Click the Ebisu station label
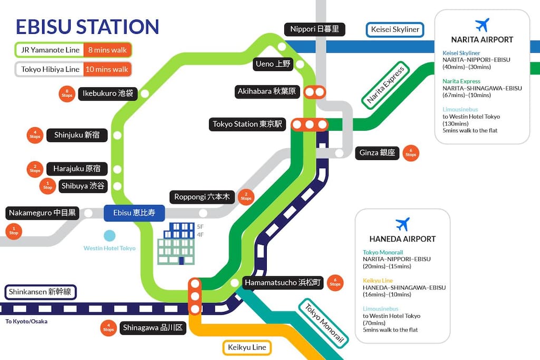(134, 213)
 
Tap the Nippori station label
(314, 30)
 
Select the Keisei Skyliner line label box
(394, 30)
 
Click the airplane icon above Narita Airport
(482, 25)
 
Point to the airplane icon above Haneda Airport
(402, 224)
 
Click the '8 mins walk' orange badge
(108, 50)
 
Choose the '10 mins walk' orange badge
(107, 70)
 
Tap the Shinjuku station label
(77, 135)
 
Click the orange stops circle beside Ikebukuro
(67, 94)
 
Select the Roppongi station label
(202, 197)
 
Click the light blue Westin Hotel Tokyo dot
(110, 236)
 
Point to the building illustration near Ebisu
(176, 244)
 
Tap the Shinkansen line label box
(40, 292)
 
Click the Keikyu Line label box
(247, 347)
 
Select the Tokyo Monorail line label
(324, 323)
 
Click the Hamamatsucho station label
(283, 283)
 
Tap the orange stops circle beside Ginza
(410, 153)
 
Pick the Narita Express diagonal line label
(385, 85)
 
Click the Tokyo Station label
(247, 124)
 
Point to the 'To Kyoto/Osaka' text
(26, 322)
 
